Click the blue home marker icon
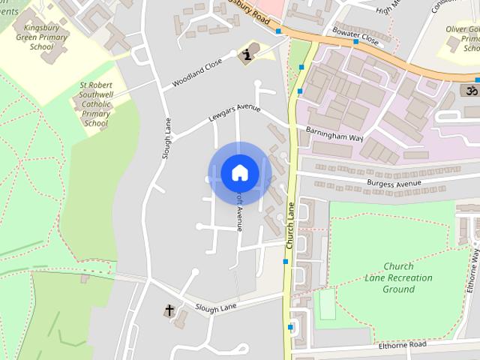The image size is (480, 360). coord(239,173)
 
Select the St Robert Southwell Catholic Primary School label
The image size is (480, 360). coord(97,104)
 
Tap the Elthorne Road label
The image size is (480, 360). coord(403,344)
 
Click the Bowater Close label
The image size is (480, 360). coord(355,34)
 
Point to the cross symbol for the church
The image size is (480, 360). coord(169,310)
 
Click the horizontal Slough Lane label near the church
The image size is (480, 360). coord(216,307)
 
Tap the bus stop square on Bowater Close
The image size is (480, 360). coord(356,42)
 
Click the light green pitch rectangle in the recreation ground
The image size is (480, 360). coord(326,304)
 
